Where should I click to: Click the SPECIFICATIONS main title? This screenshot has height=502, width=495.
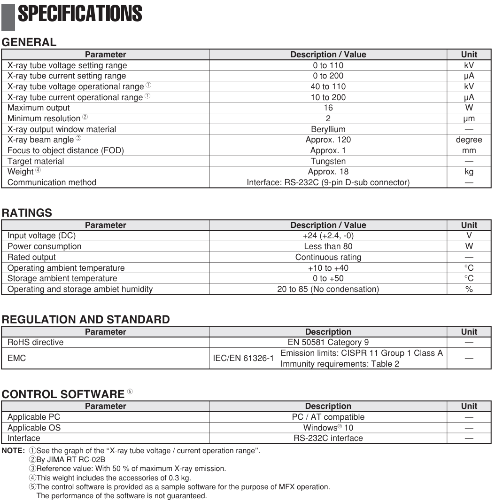80,14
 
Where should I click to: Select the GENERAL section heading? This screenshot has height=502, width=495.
29,42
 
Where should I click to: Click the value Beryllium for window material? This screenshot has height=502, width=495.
328,129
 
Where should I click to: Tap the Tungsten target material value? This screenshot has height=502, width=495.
328,161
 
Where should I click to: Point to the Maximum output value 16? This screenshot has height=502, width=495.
328,108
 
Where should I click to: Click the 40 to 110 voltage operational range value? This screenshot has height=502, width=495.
328,86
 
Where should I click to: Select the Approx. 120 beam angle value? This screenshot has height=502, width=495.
328,140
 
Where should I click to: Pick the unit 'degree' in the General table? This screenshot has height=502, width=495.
469,140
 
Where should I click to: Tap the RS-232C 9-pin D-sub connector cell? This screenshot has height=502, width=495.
328,182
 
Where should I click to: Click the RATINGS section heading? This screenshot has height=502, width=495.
27,212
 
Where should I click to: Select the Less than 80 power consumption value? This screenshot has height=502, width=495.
328,246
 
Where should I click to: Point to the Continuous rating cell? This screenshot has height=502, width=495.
328,257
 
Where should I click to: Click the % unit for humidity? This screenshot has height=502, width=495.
469,289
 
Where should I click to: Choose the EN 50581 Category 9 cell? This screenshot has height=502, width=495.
328,342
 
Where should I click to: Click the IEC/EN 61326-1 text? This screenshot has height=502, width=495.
243,358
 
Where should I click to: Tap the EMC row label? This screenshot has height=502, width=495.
17,358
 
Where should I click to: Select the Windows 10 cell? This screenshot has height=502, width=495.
328,428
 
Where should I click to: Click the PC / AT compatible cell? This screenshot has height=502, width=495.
328,417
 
